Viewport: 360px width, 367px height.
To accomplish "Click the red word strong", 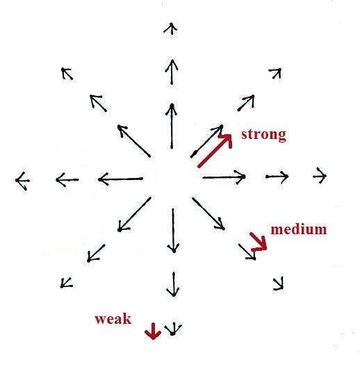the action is point(263,135).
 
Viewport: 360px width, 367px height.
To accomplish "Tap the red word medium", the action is point(299,229).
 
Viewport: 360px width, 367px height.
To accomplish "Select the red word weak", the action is point(113,319).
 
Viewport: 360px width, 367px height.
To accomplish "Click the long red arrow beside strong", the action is point(215,151).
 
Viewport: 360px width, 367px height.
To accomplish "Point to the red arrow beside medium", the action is point(258,241).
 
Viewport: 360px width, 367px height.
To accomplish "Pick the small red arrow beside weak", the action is point(153,331).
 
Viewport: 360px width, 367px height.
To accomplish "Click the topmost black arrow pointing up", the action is point(171,28).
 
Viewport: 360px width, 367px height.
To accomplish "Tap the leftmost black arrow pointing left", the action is point(22,181).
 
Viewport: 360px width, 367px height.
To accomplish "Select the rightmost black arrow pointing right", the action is point(320,175).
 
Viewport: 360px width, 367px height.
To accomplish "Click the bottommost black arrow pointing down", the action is point(173,329).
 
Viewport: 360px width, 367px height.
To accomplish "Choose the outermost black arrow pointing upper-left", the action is point(67,74).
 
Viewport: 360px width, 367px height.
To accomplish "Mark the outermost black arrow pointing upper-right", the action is point(275,73).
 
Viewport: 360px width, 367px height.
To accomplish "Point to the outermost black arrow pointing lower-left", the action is point(67,283).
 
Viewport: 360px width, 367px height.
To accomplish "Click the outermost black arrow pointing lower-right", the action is point(279,284).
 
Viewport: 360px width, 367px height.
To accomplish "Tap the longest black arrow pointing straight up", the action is point(172,127).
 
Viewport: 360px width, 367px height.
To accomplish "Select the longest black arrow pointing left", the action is point(120,179).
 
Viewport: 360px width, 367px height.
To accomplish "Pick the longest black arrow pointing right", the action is point(224,177).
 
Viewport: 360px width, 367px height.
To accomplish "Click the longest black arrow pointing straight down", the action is point(173,231).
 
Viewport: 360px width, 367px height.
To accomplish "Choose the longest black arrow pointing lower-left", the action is point(134,214).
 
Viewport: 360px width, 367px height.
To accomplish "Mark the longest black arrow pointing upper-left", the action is point(134,141).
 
